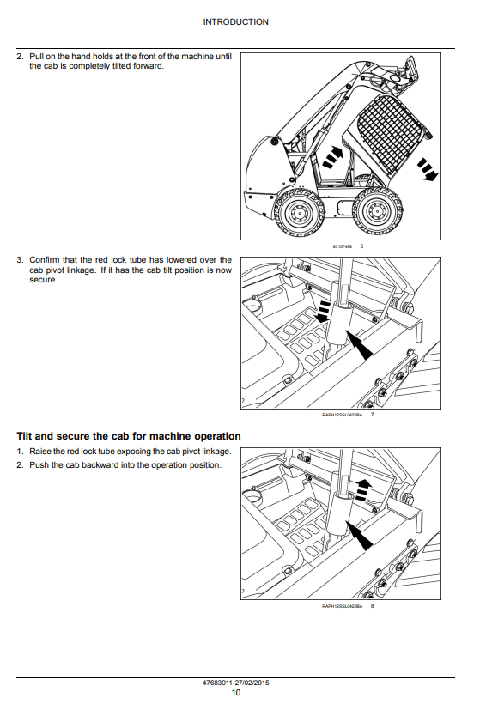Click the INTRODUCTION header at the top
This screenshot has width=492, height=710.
pyautogui.click(x=235, y=21)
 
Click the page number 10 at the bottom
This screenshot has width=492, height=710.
pyautogui.click(x=236, y=692)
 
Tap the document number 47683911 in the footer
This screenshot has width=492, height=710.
pyautogui.click(x=217, y=683)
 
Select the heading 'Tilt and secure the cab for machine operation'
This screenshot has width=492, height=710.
pyautogui.click(x=129, y=436)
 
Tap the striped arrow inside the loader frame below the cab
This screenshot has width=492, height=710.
pyautogui.click(x=333, y=156)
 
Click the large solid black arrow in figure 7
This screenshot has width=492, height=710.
pyautogui.click(x=358, y=345)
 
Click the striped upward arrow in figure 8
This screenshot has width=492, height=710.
pyautogui.click(x=363, y=489)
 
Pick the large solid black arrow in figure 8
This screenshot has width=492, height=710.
pyautogui.click(x=358, y=536)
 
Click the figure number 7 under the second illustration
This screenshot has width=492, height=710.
pyautogui.click(x=373, y=415)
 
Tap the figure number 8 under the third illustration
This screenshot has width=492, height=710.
pyautogui.click(x=373, y=606)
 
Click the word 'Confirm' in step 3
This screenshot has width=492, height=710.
pyautogui.click(x=44, y=260)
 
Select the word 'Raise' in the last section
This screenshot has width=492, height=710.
pyautogui.click(x=40, y=452)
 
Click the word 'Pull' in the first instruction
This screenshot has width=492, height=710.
pyautogui.click(x=36, y=56)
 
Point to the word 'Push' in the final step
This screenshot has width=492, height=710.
pyautogui.click(x=39, y=465)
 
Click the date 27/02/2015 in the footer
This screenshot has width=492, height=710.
pyautogui.click(x=252, y=683)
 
